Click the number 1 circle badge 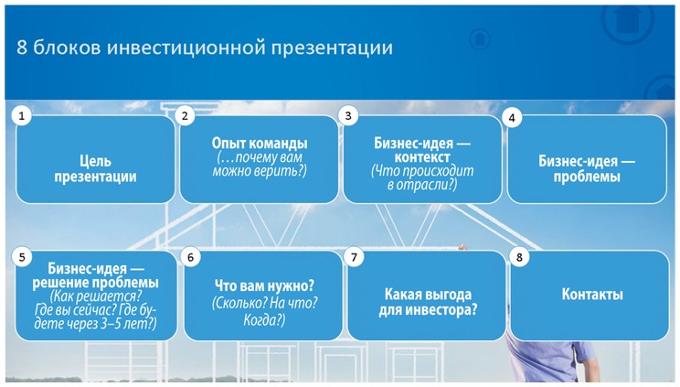[21, 116]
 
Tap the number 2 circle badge [185, 116]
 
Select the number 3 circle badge [347, 116]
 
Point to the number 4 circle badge [513, 118]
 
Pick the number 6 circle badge [190, 257]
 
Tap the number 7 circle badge [354, 257]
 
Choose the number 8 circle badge [519, 257]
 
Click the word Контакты [591, 295]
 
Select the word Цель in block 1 [95, 162]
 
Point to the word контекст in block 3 [422, 157]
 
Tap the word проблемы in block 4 [586, 177]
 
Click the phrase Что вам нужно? [264, 285]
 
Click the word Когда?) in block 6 [264, 320]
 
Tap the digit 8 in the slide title [22, 48]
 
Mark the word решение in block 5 [64, 283]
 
